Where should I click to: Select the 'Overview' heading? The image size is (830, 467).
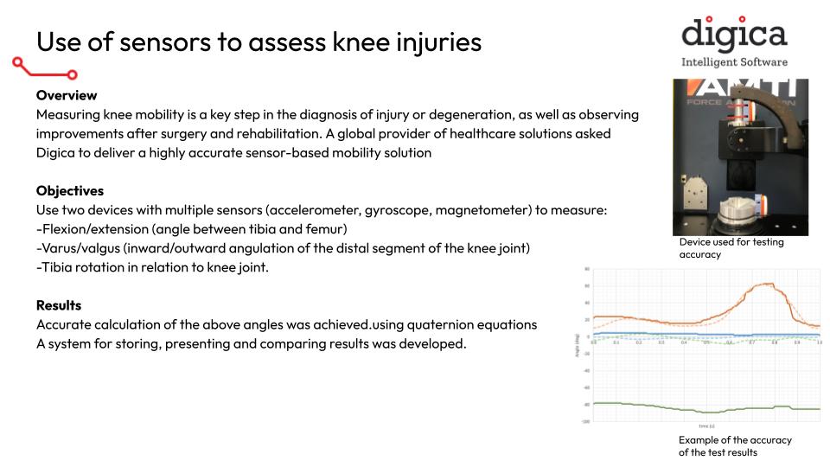[67, 95]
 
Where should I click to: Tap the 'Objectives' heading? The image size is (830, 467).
[71, 190]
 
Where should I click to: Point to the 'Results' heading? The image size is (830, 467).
[59, 305]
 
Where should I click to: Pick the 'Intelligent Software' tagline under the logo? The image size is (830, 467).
[734, 62]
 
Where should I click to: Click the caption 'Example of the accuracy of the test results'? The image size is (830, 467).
[735, 446]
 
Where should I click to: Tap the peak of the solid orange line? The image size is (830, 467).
[766, 285]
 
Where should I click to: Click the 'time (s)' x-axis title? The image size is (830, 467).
[705, 426]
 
